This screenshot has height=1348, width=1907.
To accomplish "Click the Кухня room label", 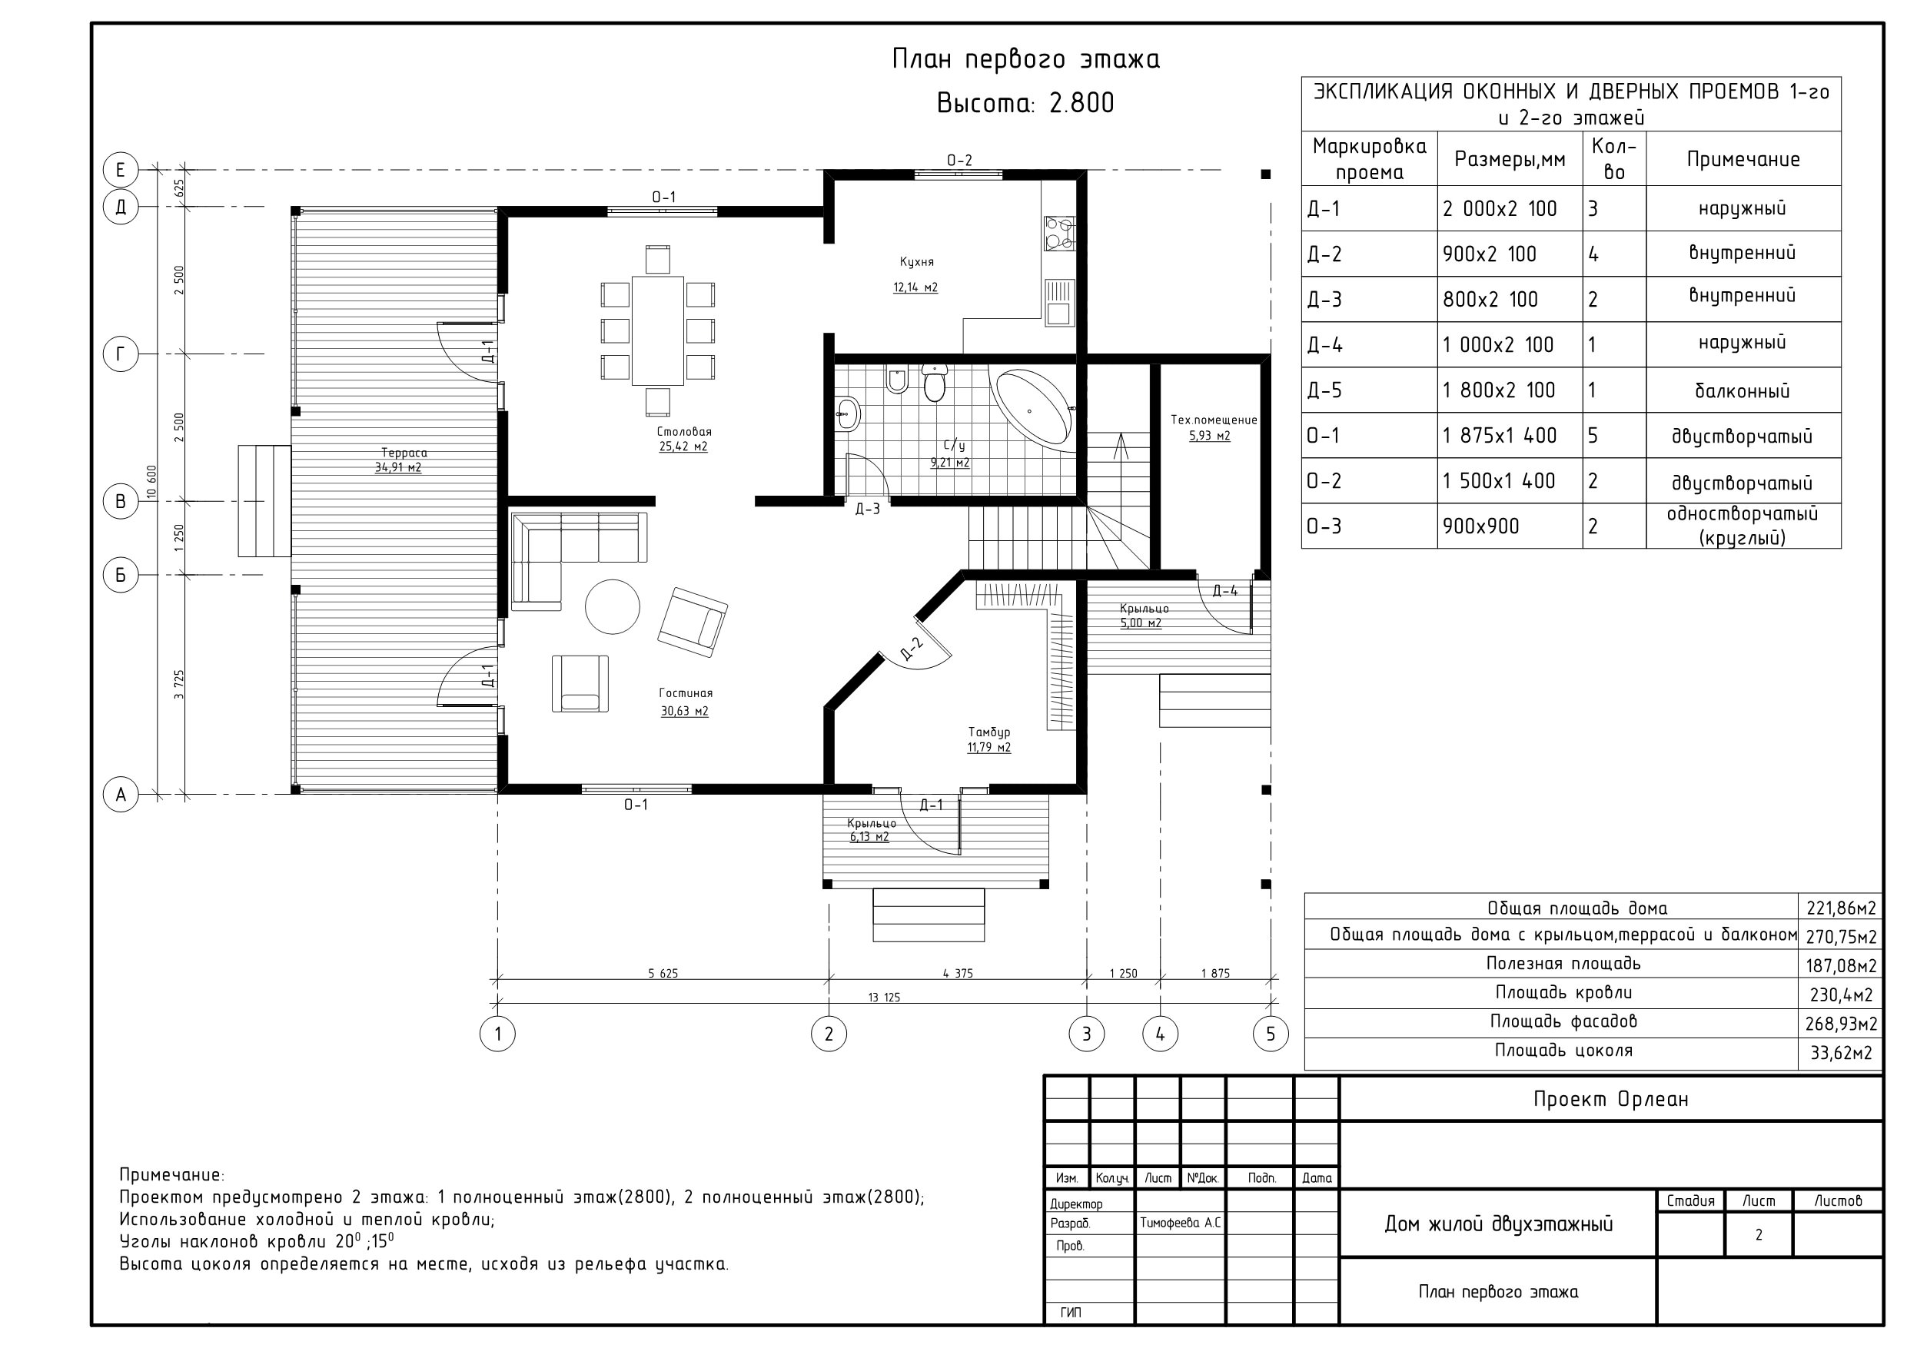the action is (917, 261).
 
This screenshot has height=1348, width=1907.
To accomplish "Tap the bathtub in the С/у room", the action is (1033, 410).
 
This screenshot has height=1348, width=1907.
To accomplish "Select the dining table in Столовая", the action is (658, 330).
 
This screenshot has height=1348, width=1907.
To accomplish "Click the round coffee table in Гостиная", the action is (612, 606).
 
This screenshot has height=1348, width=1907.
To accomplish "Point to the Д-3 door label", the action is (867, 509).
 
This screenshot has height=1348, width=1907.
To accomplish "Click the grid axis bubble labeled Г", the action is (121, 354).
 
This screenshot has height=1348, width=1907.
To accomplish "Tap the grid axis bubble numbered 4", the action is (1161, 1034).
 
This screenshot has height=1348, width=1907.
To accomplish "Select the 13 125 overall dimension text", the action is (884, 997).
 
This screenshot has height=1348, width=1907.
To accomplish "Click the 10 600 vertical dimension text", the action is (151, 482).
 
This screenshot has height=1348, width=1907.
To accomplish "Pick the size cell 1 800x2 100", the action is (1498, 390).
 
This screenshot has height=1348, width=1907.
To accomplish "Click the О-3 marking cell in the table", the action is (1324, 526).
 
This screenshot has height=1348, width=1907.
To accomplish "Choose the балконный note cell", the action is (1743, 390).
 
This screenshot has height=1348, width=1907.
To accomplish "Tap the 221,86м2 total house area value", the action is (1841, 908).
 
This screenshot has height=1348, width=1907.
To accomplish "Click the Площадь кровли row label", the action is (1564, 992).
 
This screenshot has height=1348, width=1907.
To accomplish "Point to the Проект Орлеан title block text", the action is (1610, 1099).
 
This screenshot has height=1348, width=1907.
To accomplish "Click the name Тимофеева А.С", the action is (1180, 1223).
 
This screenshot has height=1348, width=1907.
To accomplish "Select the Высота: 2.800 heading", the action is (1026, 103).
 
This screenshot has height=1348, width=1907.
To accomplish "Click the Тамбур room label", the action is (989, 732).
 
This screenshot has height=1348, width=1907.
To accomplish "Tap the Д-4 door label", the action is (1225, 590).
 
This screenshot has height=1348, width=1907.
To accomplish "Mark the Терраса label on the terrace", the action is (404, 453).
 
